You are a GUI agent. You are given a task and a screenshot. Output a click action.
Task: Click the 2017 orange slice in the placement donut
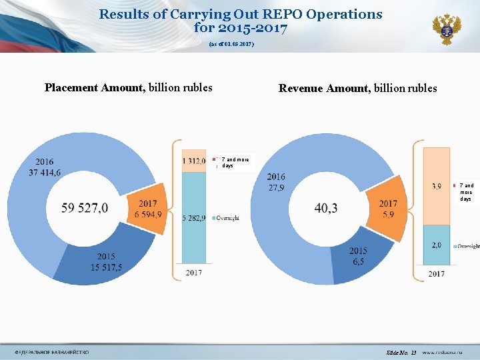pyautogui.click(x=147, y=207)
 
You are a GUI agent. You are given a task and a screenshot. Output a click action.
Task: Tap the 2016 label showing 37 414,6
pyautogui.click(x=45, y=167)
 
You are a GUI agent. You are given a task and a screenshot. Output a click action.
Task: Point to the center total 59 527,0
pyautogui.click(x=85, y=208)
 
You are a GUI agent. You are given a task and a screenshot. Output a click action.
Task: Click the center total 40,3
pyautogui.click(x=326, y=209)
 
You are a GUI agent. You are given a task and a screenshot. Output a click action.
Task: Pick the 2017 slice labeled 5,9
pyautogui.click(x=387, y=207)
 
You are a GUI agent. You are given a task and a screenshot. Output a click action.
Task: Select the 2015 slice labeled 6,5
pyautogui.click(x=357, y=255)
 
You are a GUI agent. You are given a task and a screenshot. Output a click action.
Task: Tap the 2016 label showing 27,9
pyautogui.click(x=275, y=181)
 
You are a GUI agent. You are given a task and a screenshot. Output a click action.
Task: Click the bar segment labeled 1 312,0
pyautogui.click(x=194, y=161)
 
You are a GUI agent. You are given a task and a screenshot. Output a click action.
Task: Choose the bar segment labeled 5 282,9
pyautogui.click(x=194, y=217)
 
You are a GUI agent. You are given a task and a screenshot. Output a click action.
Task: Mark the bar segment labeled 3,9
pyautogui.click(x=436, y=186)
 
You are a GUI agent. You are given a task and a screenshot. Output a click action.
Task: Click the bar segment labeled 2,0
pyautogui.click(x=436, y=245)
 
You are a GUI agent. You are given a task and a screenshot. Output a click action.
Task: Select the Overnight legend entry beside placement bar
pyautogui.click(x=227, y=218)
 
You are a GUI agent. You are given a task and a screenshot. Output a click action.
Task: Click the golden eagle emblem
pyautogui.click(x=446, y=29)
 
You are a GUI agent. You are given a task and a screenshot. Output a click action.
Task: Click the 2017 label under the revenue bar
pyautogui.click(x=436, y=273)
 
